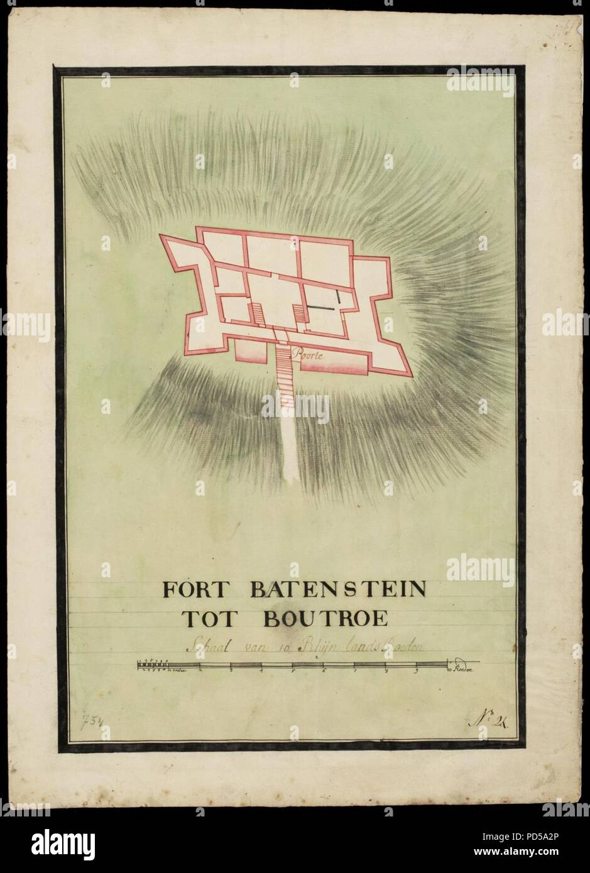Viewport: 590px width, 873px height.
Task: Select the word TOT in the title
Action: click(x=204, y=620)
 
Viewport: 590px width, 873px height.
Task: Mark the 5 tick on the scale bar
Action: click(x=293, y=671)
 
